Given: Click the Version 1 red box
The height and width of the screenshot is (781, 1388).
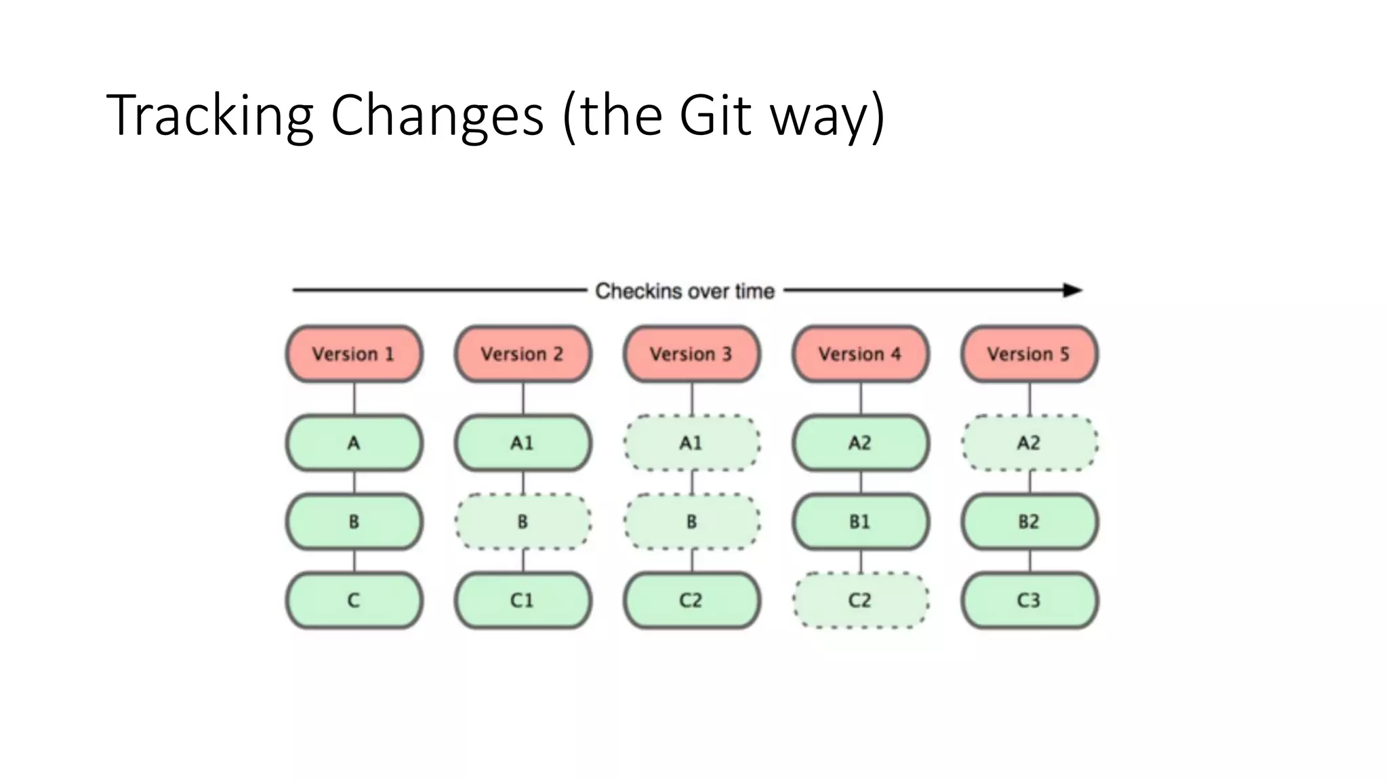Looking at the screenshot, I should pyautogui.click(x=354, y=354).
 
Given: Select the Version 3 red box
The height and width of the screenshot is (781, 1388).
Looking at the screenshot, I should pyautogui.click(x=691, y=354).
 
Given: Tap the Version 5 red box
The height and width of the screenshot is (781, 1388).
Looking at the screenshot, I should pyautogui.click(x=1029, y=354).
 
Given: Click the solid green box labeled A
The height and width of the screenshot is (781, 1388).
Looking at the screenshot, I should pyautogui.click(x=354, y=443).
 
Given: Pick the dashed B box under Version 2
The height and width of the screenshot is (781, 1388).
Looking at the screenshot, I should pyautogui.click(x=523, y=522).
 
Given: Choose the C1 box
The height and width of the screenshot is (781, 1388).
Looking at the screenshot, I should pyautogui.click(x=523, y=601).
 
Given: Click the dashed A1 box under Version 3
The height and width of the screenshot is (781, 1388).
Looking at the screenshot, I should pyautogui.click(x=691, y=443).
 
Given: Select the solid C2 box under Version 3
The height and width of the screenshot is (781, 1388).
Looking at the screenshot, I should pyautogui.click(x=691, y=601).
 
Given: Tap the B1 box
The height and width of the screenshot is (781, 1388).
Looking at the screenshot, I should pyautogui.click(x=860, y=522).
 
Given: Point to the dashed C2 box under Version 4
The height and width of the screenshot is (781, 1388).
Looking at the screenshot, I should pyautogui.click(x=860, y=601).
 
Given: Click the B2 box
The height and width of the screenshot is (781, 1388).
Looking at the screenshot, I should pyautogui.click(x=1029, y=522).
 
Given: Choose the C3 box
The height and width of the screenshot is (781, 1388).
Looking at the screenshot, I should pyautogui.click(x=1029, y=601).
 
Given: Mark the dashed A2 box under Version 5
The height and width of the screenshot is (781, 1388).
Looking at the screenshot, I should pyautogui.click(x=1029, y=443).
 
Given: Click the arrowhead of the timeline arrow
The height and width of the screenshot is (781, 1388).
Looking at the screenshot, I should pyautogui.click(x=1073, y=290).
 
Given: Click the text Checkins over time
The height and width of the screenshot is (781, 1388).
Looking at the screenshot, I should pyautogui.click(x=685, y=292).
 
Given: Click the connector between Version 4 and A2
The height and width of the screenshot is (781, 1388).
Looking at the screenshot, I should pyautogui.click(x=861, y=399).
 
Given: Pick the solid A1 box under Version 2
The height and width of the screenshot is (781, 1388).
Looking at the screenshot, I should pyautogui.click(x=523, y=443).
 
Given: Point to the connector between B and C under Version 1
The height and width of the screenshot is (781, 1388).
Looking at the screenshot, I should pyautogui.click(x=354, y=561).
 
